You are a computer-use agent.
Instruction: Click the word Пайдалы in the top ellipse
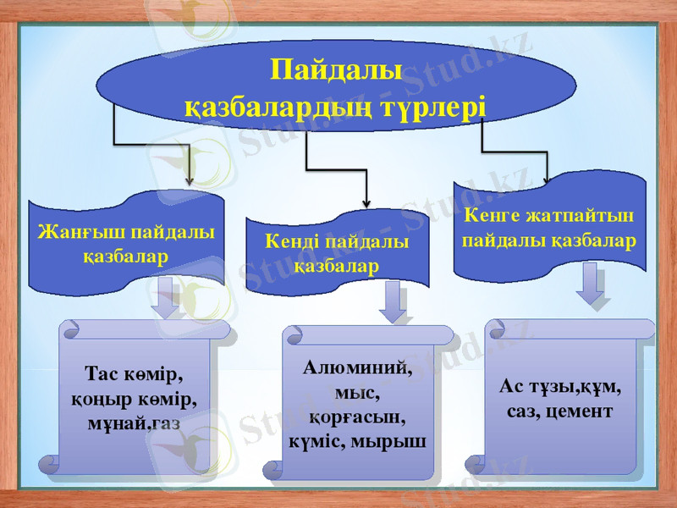pos(336,69)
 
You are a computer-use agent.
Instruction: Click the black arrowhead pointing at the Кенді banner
pos(366,202)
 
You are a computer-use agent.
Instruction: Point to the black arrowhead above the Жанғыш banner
pos(189,179)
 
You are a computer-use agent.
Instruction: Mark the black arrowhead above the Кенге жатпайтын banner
pos(546,178)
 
